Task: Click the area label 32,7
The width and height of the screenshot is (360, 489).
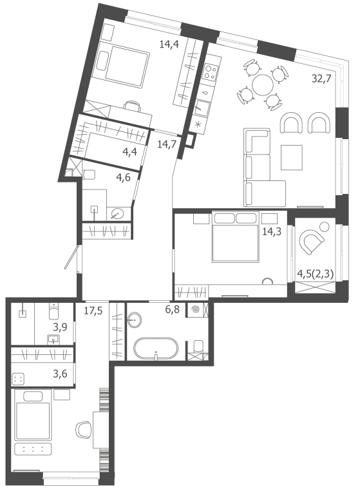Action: (x=321, y=78)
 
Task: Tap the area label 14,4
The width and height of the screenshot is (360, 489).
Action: (x=169, y=44)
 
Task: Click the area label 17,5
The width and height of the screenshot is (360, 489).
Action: (x=93, y=311)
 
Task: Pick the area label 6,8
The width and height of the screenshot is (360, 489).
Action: (x=173, y=310)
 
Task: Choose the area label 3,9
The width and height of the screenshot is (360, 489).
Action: (x=60, y=327)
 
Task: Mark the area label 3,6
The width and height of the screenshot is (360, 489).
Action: (x=60, y=373)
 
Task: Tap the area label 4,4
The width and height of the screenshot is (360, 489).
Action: (x=130, y=153)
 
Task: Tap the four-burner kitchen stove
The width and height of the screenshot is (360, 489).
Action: (x=211, y=72)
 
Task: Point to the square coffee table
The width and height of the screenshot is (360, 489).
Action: (x=292, y=157)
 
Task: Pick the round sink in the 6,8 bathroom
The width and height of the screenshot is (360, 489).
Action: (x=135, y=320)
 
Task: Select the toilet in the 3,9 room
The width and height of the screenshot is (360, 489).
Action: (x=54, y=312)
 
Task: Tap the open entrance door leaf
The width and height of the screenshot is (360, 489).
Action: (x=71, y=257)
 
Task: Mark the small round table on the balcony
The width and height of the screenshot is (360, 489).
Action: (x=325, y=226)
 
